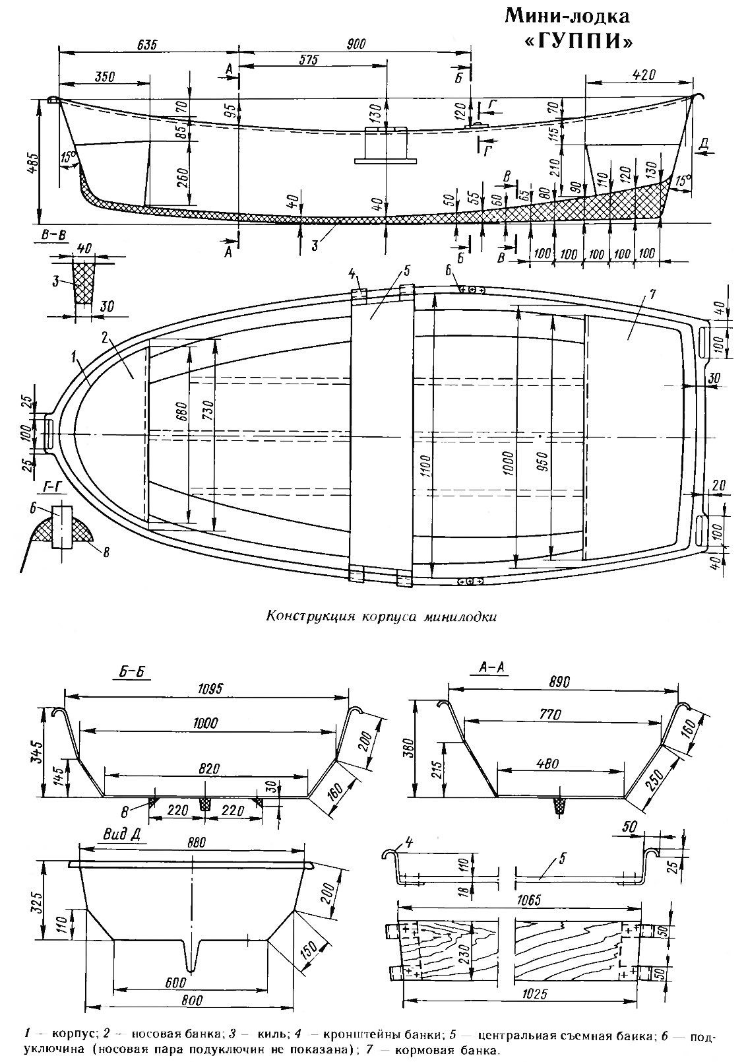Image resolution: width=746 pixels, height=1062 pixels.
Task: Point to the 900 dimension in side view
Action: click(x=356, y=44)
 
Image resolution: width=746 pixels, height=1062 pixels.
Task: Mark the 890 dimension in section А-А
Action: click(x=559, y=681)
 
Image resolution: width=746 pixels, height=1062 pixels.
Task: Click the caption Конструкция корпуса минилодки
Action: click(x=381, y=617)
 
